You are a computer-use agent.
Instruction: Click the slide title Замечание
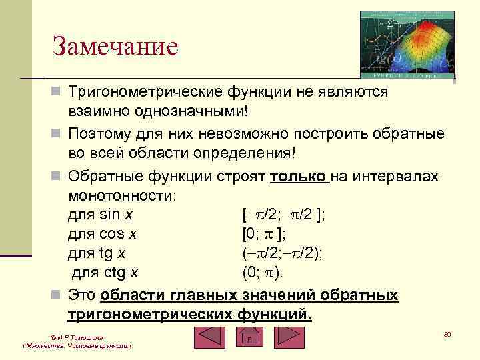point(116,47)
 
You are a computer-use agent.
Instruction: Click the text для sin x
point(100,215)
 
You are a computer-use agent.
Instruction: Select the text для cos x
point(103,234)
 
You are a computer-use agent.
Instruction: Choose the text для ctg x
point(105,272)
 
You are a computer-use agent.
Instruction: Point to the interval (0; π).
point(263,272)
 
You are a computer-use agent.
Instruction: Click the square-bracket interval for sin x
point(283,215)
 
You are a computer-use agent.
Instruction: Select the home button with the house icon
point(249,337)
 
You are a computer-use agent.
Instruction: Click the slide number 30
point(447,333)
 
